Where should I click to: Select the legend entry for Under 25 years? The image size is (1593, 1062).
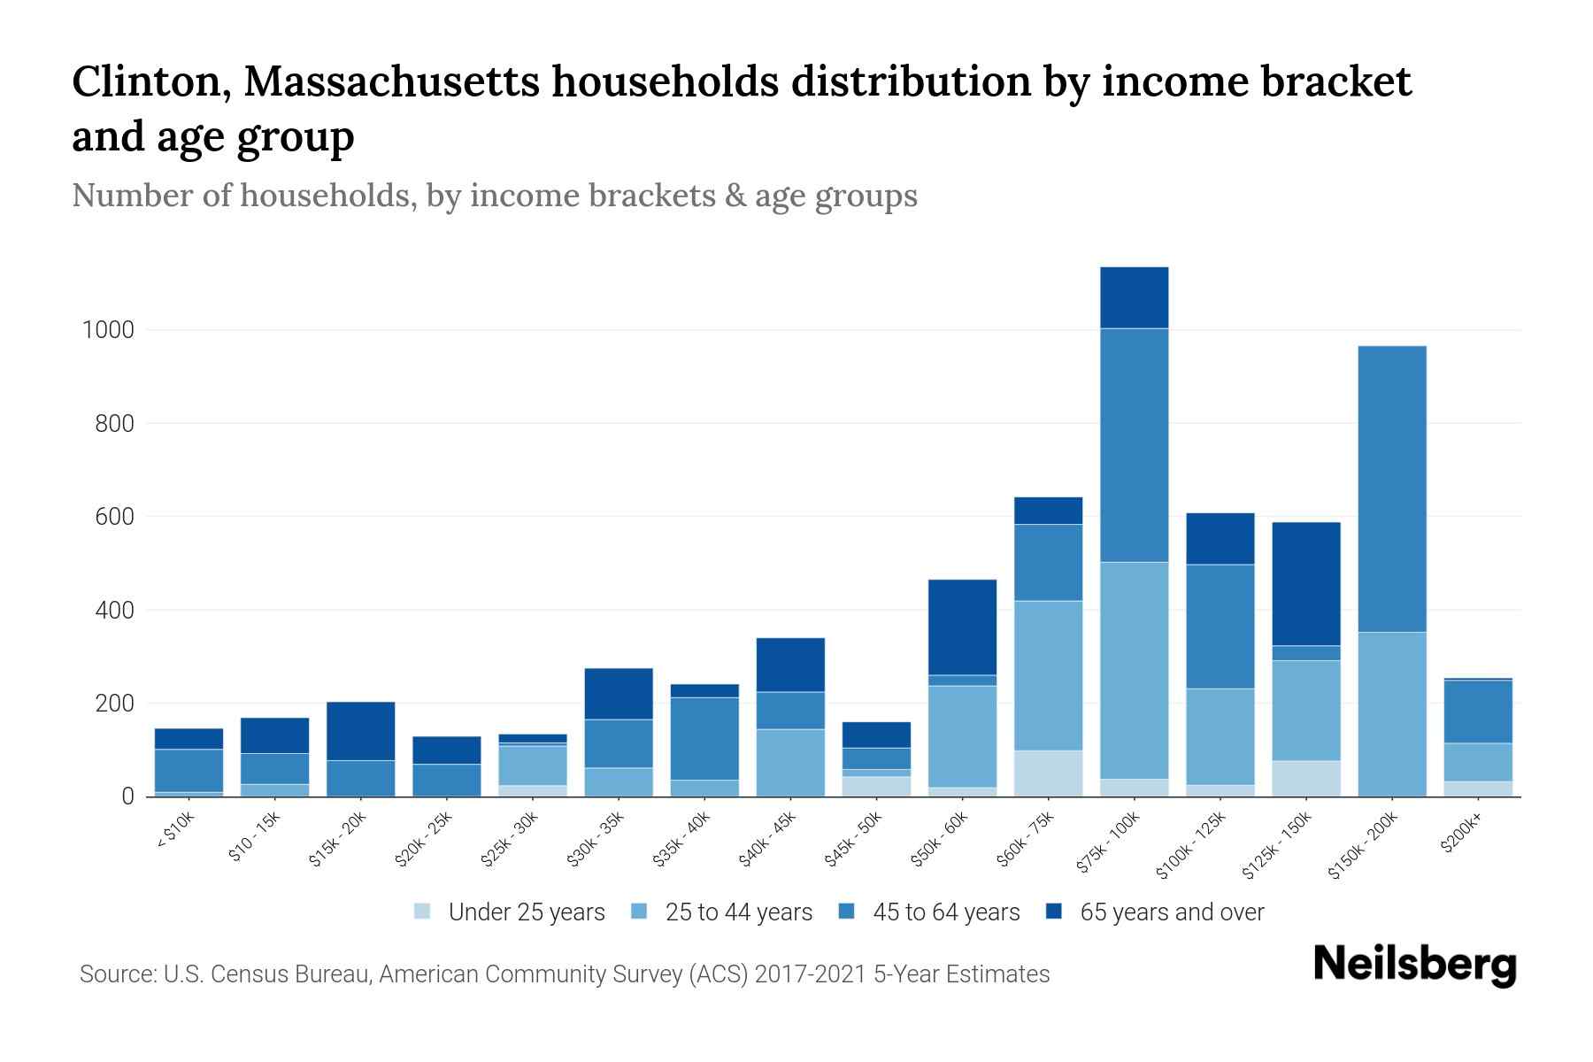click(x=510, y=912)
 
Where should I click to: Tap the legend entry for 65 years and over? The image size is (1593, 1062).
click(x=1156, y=912)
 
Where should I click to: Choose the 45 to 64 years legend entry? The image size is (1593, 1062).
click(x=929, y=912)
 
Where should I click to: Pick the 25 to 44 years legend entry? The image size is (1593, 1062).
click(x=722, y=912)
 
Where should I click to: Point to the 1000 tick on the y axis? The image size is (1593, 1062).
click(x=108, y=331)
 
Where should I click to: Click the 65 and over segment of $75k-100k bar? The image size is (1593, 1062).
click(x=1134, y=297)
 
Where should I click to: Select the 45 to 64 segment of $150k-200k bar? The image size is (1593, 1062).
click(x=1392, y=489)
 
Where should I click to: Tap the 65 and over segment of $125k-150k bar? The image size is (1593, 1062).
click(x=1306, y=583)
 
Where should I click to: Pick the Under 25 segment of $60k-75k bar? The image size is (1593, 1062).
click(x=1048, y=773)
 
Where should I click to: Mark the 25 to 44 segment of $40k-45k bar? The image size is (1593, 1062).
click(x=790, y=762)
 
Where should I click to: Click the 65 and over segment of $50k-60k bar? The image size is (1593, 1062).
click(x=962, y=627)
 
